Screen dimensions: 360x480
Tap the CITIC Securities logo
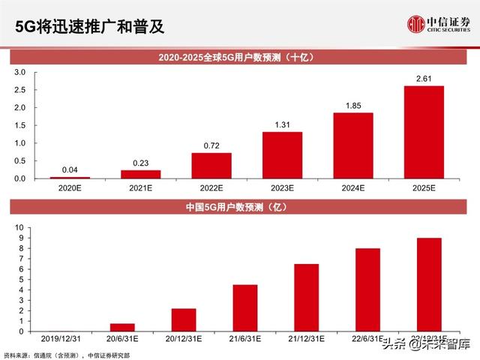(x=439, y=25)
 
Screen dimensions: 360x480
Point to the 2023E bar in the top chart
(x=282, y=155)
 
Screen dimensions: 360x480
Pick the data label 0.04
(x=70, y=170)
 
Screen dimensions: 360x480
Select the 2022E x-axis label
(x=211, y=189)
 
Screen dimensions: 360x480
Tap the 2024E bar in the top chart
(x=352, y=145)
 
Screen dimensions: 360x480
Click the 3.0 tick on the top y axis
(x=20, y=72)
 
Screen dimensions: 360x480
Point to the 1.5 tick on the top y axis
(x=20, y=125)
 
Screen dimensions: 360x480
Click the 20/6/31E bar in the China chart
(x=123, y=327)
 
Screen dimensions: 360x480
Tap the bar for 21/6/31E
(x=245, y=307)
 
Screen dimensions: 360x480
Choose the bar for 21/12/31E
(x=307, y=297)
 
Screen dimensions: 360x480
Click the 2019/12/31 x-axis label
(x=61, y=338)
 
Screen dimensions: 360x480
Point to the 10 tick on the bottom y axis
(x=19, y=226)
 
